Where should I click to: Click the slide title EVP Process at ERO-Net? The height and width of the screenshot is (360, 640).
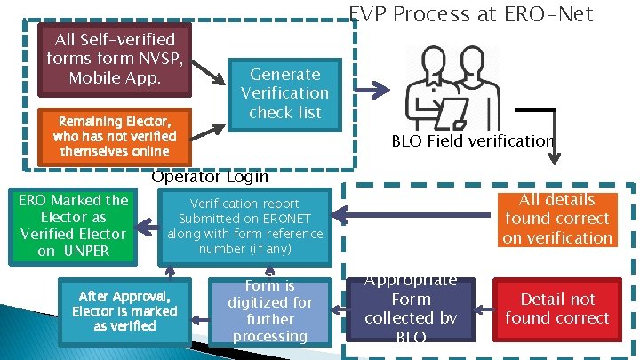(x=470, y=13)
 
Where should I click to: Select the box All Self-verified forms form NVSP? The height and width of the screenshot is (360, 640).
(x=115, y=59)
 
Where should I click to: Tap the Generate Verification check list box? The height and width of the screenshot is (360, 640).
(x=284, y=93)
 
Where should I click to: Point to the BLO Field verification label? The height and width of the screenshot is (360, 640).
(x=473, y=140)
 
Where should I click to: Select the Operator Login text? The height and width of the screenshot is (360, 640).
(x=210, y=176)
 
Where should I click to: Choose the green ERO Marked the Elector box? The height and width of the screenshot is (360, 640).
(x=73, y=226)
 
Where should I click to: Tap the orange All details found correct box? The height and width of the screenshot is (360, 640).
(x=556, y=219)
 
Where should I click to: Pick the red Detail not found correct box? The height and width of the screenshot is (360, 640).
(x=556, y=308)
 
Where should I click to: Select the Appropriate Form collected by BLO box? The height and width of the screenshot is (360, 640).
(x=410, y=308)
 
